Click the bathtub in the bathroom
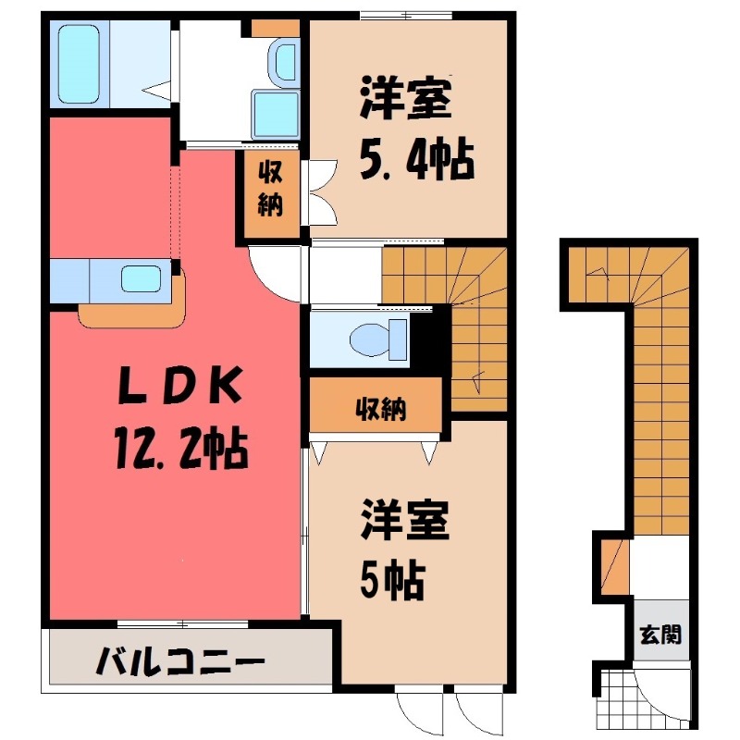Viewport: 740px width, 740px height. [79, 64]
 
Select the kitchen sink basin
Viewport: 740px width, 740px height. [142, 278]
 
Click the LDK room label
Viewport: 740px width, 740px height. [180, 385]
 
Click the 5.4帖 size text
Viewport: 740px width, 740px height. [417, 159]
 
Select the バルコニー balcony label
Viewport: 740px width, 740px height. [179, 660]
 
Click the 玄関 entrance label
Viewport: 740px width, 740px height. [660, 635]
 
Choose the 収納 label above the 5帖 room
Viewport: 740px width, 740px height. [380, 409]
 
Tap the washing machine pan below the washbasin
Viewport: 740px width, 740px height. [276, 115]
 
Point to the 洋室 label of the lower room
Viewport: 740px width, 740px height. [404, 521]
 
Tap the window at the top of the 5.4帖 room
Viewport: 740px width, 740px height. [406, 16]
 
